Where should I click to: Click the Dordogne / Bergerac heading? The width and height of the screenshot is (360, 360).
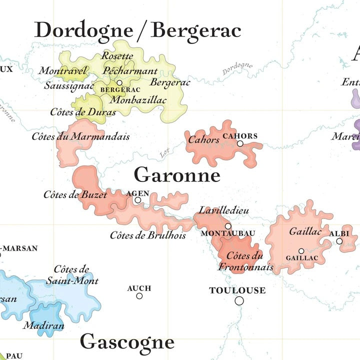click(x=137, y=30)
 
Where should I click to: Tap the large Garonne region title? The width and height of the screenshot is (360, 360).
click(x=177, y=175)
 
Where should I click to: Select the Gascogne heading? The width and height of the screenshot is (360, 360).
click(x=127, y=342)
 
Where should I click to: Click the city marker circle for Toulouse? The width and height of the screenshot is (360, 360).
click(x=239, y=300)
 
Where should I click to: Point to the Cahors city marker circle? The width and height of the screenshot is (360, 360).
click(x=240, y=143)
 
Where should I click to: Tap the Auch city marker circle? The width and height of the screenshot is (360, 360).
click(x=139, y=296)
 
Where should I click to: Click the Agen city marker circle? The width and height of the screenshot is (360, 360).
click(x=138, y=200)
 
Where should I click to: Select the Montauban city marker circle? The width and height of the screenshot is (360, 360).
click(x=228, y=226)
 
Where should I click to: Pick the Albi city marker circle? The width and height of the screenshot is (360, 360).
click(x=339, y=241)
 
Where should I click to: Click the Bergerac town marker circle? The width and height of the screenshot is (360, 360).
click(x=119, y=83)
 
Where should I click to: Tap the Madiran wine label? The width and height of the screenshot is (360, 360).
click(x=44, y=325)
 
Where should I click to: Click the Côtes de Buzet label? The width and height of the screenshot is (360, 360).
click(x=75, y=195)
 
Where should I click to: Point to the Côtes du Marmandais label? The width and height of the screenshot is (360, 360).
click(x=80, y=136)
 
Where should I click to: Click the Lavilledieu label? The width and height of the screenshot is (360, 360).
click(x=223, y=210)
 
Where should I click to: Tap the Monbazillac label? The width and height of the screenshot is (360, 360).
click(x=138, y=100)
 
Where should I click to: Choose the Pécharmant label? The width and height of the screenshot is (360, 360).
click(x=130, y=71)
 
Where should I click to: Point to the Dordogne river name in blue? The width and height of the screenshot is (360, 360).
click(x=237, y=69)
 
